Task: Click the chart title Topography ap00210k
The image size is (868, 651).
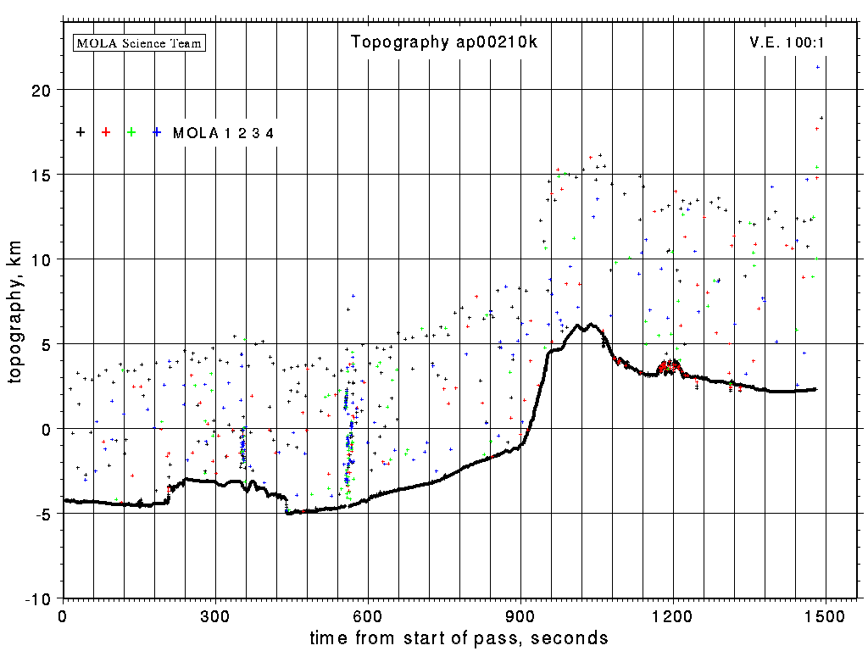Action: pos(443,42)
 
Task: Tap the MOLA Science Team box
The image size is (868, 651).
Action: pos(140,42)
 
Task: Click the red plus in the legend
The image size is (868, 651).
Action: pos(106,132)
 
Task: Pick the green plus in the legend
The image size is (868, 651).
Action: pos(131,132)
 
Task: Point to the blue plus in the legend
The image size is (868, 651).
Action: pos(157,132)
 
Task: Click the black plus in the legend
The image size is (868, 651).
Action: pos(81,132)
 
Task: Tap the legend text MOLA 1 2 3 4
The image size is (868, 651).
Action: pos(223,133)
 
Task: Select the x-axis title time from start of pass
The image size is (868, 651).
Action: pos(459,637)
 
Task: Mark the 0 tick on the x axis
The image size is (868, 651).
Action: pos(62,614)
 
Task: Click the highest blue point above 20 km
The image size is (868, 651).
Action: pos(818,67)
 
